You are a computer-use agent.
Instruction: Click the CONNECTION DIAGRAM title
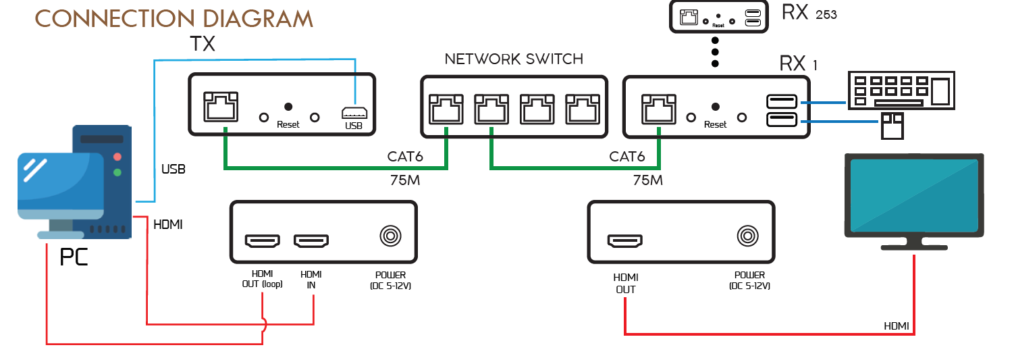pyautogui.click(x=174, y=18)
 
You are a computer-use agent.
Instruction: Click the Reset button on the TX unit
pyautogui.click(x=288, y=107)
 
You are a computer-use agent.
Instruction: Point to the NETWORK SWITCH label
pyautogui.click(x=514, y=59)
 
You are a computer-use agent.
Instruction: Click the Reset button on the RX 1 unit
pyautogui.click(x=716, y=107)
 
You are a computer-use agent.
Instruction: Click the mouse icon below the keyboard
pyautogui.click(x=892, y=125)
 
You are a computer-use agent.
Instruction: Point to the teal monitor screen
pyautogui.click(x=913, y=196)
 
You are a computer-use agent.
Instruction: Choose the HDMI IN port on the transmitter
pyautogui.click(x=311, y=240)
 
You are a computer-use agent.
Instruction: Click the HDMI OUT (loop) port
pyautogui.click(x=262, y=240)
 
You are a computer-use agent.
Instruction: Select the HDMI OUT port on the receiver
pyautogui.click(x=625, y=240)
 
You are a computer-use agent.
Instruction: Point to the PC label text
pyautogui.click(x=74, y=257)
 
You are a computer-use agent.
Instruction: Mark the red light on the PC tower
pyautogui.click(x=117, y=157)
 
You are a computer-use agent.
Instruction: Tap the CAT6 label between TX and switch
pyautogui.click(x=405, y=157)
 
